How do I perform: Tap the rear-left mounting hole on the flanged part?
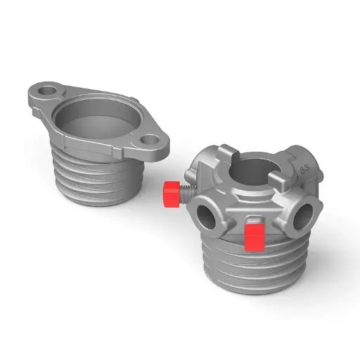tap(47, 91)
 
